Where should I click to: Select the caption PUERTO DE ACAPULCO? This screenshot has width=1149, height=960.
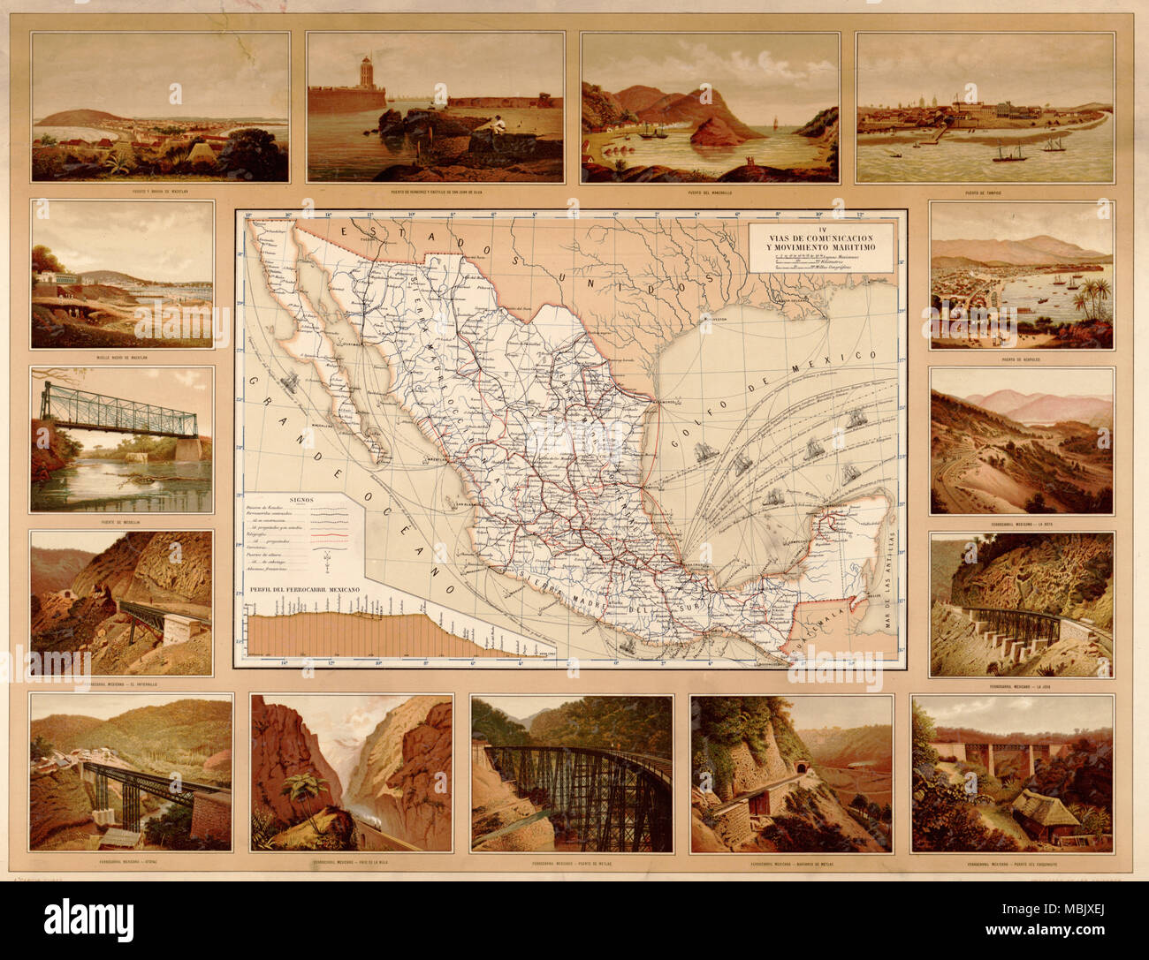pos(1021,359)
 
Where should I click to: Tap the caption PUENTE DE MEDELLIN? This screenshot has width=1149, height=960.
pos(121,522)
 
